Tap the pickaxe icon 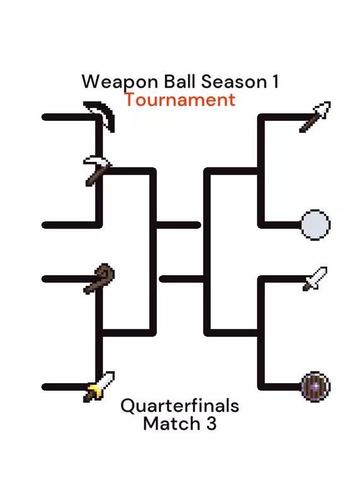[x=96, y=170]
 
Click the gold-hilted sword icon [x=99, y=386]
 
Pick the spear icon [x=315, y=117]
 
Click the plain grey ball [x=315, y=225]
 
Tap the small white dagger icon [x=315, y=278]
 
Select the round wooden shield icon [x=315, y=387]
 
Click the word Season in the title [x=234, y=82]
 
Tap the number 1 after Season [x=276, y=81]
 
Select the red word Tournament [x=180, y=100]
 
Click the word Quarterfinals [x=180, y=406]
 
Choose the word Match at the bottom [x=171, y=423]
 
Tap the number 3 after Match [x=211, y=423]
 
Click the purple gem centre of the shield [x=316, y=387]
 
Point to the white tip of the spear [x=323, y=109]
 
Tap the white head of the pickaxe [x=96, y=161]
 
